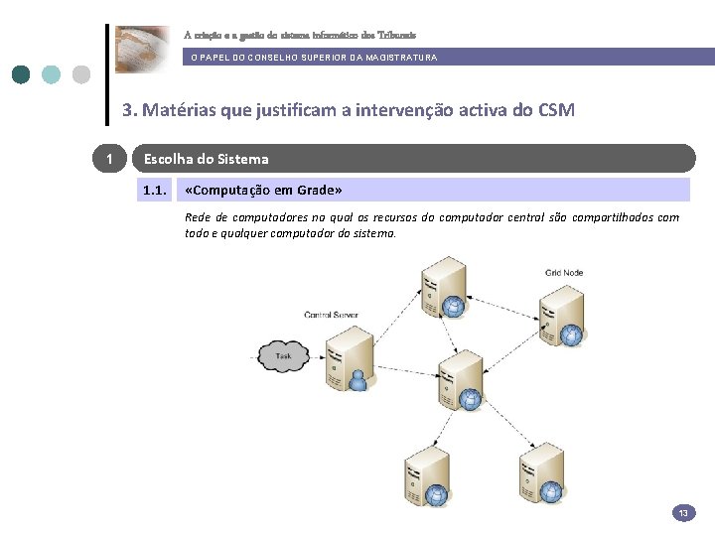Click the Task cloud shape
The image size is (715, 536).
point(284,355)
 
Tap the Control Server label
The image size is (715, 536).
point(331,315)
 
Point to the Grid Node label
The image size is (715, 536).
point(563,272)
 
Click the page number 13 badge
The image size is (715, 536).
point(683,513)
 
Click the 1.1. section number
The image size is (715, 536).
point(154,190)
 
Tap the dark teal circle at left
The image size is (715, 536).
point(21,74)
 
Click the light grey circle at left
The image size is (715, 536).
point(81,74)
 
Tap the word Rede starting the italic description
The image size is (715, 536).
point(198,217)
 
